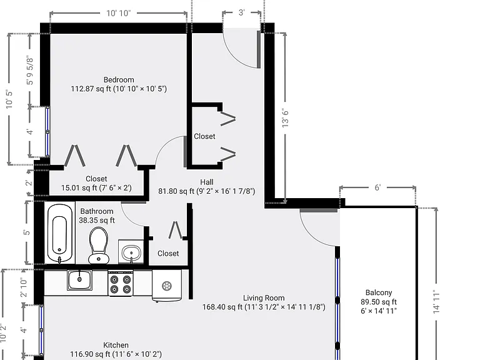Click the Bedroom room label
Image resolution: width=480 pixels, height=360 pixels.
(x=119, y=80)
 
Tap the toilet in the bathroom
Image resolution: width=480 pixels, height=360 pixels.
(x=99, y=245)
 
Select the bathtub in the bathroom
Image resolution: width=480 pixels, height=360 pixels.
(x=60, y=234)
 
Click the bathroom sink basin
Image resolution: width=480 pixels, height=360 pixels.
(x=131, y=252)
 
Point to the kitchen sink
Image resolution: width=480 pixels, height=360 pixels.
(x=79, y=280)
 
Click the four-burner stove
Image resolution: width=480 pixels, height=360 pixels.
(x=121, y=284)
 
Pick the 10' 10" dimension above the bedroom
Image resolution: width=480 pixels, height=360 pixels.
(x=119, y=13)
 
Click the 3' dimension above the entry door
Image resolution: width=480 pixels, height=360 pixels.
(x=241, y=12)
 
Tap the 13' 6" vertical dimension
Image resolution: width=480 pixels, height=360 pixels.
(x=285, y=118)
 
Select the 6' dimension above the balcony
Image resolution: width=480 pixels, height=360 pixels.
(x=377, y=187)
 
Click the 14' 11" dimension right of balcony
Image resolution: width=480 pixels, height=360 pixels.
(x=436, y=302)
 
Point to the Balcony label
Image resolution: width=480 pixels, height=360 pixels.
(x=379, y=292)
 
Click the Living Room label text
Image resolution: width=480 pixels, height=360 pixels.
(x=264, y=298)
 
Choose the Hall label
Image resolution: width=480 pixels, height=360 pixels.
(x=207, y=182)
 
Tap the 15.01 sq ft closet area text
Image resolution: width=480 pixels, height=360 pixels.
(x=96, y=187)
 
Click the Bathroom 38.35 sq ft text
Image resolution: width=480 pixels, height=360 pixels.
(x=97, y=216)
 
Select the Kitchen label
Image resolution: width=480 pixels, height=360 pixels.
(x=116, y=345)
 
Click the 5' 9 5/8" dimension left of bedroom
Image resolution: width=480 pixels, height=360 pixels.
(x=30, y=70)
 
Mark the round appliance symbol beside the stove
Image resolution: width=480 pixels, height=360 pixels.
(x=167, y=286)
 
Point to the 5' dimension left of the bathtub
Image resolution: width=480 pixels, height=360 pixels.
(x=27, y=232)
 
